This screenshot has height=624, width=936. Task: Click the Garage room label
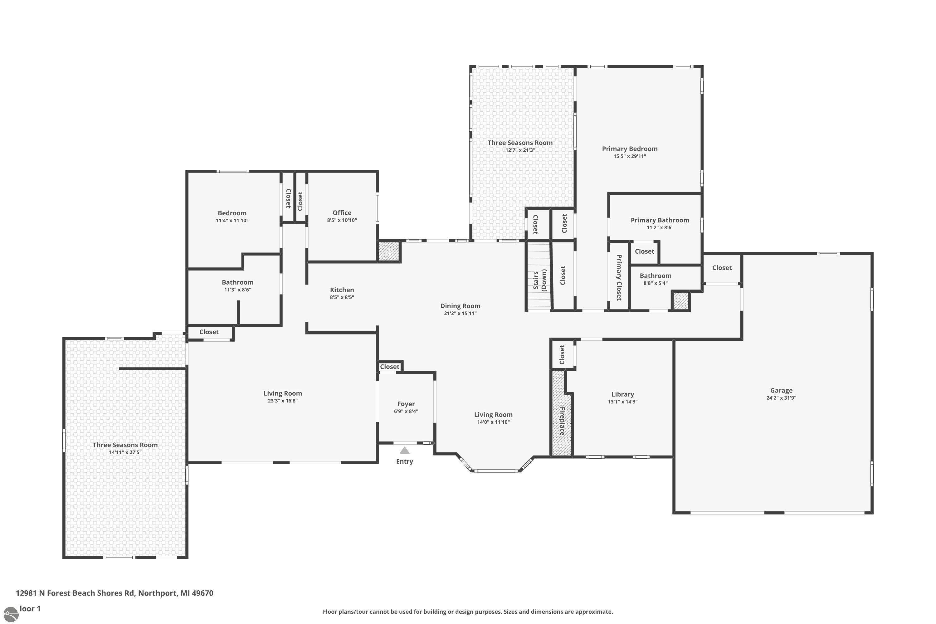[781, 390]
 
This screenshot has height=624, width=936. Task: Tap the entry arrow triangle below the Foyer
[404, 451]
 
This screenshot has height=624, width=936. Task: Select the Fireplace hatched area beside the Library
[561, 414]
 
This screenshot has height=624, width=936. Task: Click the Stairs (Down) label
[540, 280]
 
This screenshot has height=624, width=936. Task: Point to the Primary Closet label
[619, 277]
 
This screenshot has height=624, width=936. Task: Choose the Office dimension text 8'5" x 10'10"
[342, 220]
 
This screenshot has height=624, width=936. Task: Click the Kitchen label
[342, 290]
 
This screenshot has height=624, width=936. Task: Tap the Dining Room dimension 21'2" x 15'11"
[460, 313]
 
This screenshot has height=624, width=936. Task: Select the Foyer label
[406, 404]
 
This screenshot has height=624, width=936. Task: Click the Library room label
[622, 394]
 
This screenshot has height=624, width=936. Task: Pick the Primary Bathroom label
[660, 220]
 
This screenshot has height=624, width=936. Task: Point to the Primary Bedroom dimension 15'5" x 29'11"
[630, 156]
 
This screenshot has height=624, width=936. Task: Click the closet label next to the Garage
[721, 268]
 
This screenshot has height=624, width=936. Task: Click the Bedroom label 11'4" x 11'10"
[232, 213]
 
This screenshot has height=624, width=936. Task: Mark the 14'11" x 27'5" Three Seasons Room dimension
[125, 452]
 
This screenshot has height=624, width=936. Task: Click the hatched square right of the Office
[388, 251]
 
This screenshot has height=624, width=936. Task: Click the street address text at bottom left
[115, 593]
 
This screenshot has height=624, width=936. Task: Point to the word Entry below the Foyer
[404, 461]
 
